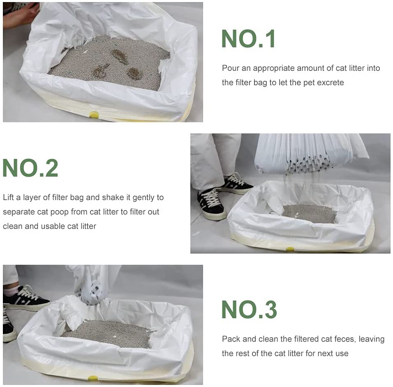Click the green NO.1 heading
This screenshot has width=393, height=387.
(x=248, y=39)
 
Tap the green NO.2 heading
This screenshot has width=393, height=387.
(x=30, y=168)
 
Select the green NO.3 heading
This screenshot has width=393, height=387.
(x=249, y=310)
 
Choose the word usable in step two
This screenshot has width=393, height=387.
(x=54, y=226)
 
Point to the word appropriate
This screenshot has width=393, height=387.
(x=280, y=68)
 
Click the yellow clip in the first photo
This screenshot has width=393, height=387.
(x=94, y=114)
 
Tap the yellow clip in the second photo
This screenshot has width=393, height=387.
(x=290, y=249)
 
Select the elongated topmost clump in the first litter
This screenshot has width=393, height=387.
(x=119, y=56)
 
